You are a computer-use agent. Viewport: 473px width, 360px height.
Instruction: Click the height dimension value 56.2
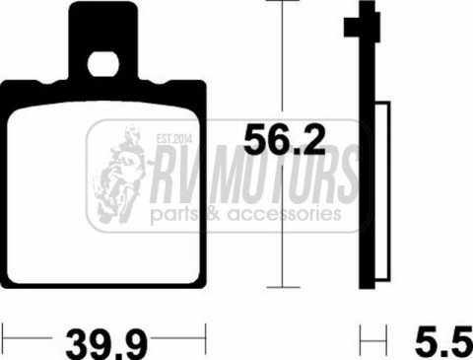pos(284,141)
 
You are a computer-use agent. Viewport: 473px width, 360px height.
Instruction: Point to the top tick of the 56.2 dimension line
pos(284,4)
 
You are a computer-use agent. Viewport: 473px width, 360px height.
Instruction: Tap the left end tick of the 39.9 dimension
pos(3,333)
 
